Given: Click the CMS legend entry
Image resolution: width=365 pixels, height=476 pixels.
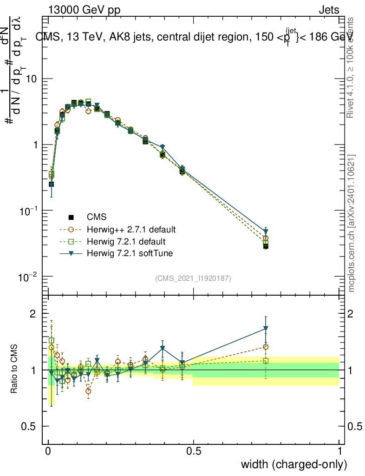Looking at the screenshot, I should [x=97, y=217].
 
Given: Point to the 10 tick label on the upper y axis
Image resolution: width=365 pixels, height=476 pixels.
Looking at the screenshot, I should [x=31, y=79].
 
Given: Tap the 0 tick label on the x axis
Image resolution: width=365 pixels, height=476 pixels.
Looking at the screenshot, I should [x=48, y=451].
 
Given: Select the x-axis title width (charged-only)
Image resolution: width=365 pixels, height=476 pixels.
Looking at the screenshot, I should [x=293, y=464].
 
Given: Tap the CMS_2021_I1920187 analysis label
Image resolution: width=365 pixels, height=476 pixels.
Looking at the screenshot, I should [x=193, y=278].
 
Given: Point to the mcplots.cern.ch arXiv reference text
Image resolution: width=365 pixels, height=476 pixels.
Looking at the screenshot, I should [x=351, y=223].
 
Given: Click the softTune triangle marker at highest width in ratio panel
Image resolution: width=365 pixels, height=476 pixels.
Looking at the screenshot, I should [x=266, y=329].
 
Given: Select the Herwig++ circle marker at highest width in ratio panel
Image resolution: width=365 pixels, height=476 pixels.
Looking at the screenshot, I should [x=266, y=347].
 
